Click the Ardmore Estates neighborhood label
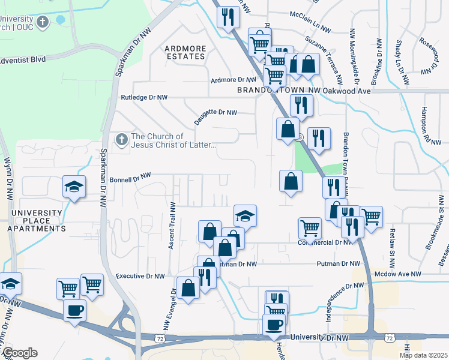click(185, 52)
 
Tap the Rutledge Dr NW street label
click(144, 97)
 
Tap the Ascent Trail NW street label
click(173, 225)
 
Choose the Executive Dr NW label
click(139, 276)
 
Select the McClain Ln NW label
click(310, 28)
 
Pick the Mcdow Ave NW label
click(397, 274)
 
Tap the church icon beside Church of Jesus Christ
click(121, 140)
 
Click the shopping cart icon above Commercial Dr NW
click(310, 227)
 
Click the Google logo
click(19, 353)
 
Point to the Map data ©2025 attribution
click(423, 355)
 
